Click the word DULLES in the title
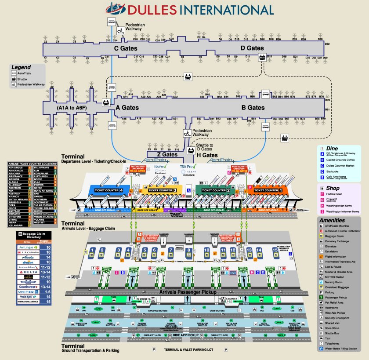click(149, 10)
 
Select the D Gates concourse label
click(252, 48)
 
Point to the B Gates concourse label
click(253, 107)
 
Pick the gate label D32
click(326, 44)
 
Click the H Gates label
click(207, 155)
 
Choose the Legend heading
click(21, 67)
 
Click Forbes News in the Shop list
click(340, 194)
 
